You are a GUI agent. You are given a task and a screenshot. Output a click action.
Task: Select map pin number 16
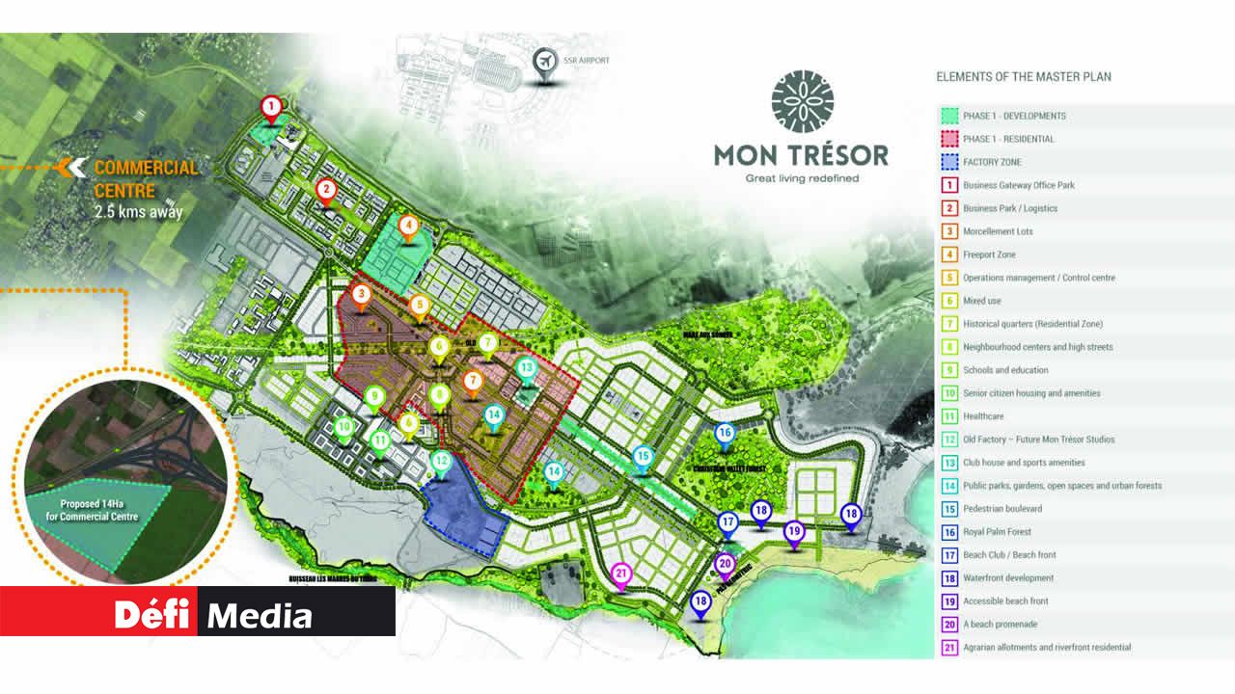725,434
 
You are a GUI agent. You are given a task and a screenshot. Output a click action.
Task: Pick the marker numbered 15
643,457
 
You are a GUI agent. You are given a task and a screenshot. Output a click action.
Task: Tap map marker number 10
343,427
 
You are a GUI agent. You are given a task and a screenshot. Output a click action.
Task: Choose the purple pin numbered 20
725,564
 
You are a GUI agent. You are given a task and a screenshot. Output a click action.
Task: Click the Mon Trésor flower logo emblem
802,101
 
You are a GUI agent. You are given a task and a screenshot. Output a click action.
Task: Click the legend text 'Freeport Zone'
989,254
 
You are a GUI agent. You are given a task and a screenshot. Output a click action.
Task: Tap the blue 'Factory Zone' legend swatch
948,162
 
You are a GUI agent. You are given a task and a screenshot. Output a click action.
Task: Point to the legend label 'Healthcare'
983,416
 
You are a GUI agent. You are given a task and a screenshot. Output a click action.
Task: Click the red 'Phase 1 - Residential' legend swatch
948,139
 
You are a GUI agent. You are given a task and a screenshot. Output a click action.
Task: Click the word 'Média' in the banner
260,615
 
